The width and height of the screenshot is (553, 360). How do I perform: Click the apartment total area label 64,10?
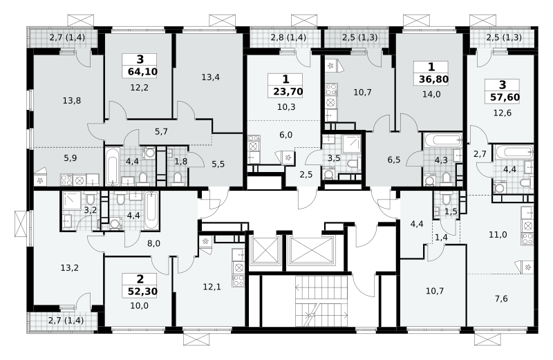[x=142, y=72]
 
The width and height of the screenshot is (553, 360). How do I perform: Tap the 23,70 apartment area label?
[x=288, y=92]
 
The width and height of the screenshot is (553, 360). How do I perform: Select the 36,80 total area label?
[x=433, y=79]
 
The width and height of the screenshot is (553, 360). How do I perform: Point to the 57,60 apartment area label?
[x=505, y=97]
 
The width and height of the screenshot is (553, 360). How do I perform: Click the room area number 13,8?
[x=72, y=101]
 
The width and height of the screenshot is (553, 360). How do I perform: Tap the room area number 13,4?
[x=211, y=77]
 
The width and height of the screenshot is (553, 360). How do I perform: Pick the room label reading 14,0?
[x=431, y=94]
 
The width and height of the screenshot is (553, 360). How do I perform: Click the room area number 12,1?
[x=212, y=287]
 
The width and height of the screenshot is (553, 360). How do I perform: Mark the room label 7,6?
[x=501, y=299]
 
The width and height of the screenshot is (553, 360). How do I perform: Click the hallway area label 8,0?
[x=153, y=243]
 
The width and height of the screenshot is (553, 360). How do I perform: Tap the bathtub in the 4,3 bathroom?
[x=442, y=140]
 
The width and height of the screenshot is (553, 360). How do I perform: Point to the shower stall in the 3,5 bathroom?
[x=351, y=144]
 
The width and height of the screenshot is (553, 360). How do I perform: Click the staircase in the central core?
[x=321, y=301]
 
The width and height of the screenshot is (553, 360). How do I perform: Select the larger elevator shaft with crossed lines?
[x=310, y=251]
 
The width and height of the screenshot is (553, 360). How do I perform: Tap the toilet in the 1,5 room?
[x=446, y=199]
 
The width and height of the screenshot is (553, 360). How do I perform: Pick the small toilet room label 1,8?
[x=181, y=161]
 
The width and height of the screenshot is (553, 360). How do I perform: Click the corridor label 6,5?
[x=393, y=160]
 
